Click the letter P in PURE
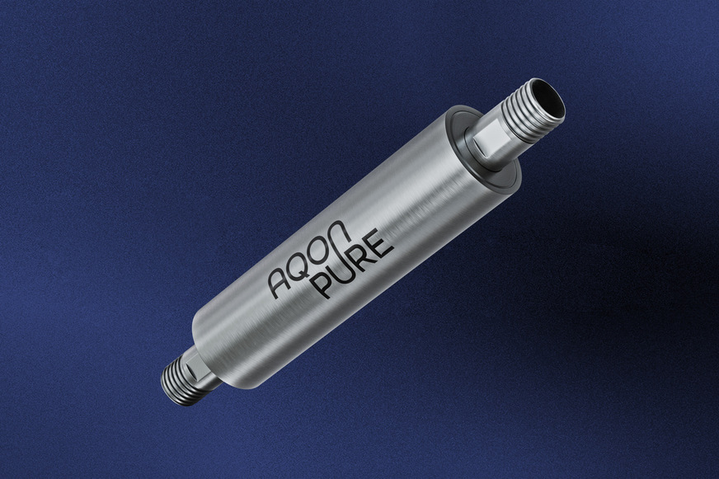tap(326, 282)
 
